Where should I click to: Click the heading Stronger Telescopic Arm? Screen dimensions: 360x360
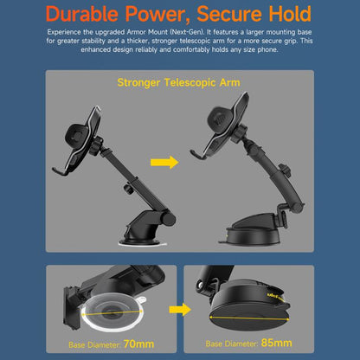(x=179, y=85)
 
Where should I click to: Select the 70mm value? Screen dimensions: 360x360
(x=138, y=343)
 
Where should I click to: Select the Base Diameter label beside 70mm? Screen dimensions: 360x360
(x=93, y=344)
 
